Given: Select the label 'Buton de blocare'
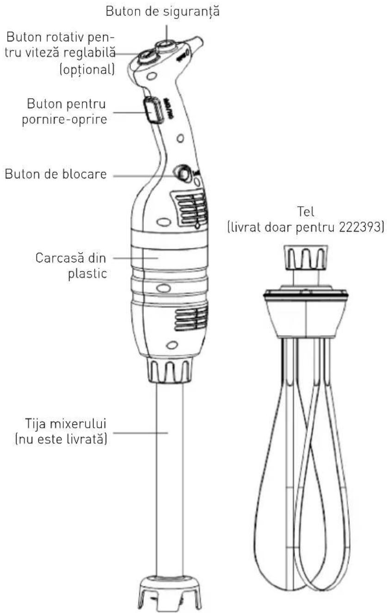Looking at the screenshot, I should tap(56, 175).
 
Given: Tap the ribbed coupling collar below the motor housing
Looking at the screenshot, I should tap(169, 370).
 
